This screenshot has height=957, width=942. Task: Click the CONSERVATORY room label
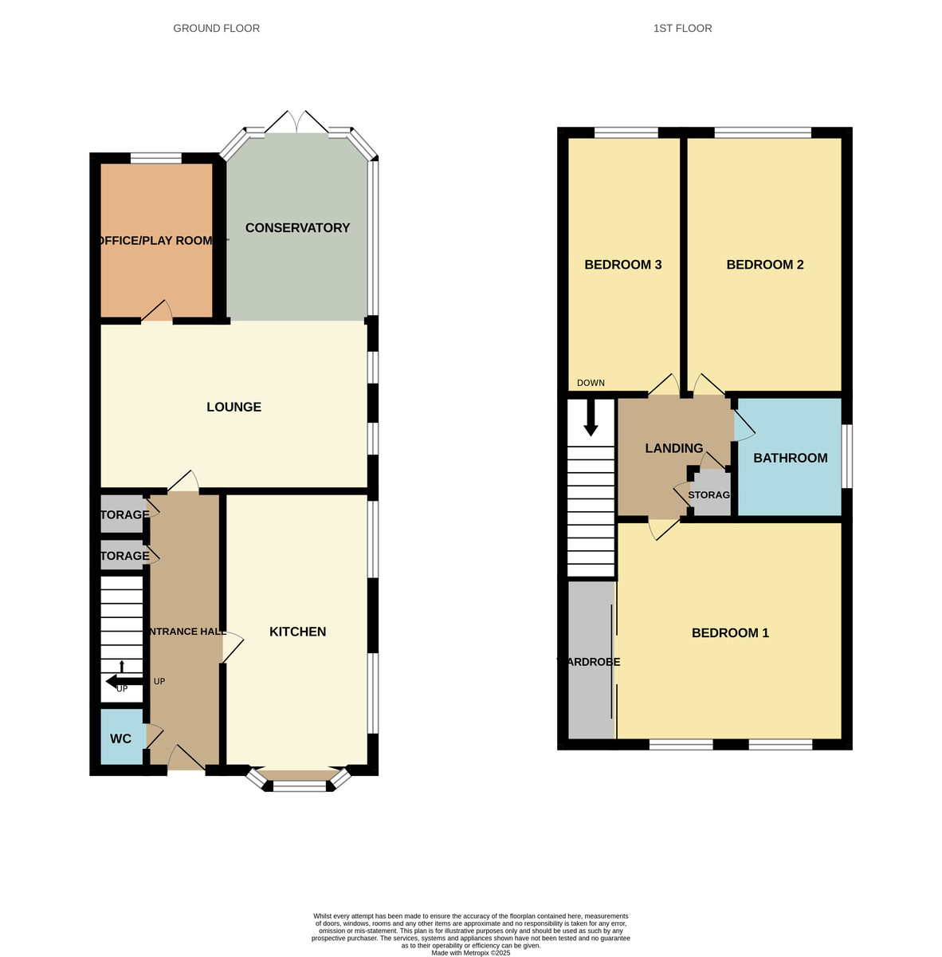click(297, 228)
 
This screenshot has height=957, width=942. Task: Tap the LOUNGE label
click(234, 407)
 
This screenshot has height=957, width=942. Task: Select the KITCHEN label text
click(297, 632)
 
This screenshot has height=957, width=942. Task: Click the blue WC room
click(120, 738)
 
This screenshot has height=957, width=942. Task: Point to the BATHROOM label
click(790, 458)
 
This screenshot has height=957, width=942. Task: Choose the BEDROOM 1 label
click(730, 633)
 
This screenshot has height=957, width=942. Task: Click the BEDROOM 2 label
click(764, 265)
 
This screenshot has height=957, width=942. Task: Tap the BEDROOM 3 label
click(623, 265)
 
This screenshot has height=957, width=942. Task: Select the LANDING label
click(673, 448)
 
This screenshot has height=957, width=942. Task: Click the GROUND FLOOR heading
click(216, 29)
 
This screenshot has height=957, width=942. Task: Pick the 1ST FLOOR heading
click(682, 29)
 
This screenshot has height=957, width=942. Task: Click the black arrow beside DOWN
click(591, 418)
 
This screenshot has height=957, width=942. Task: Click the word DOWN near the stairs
click(591, 383)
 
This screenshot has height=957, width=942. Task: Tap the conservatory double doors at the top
click(296, 123)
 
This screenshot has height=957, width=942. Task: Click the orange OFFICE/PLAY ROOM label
click(155, 241)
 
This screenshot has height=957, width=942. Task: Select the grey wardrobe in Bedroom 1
click(591, 660)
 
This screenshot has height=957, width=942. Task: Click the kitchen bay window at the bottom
click(299, 785)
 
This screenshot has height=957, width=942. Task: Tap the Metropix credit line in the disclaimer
click(470, 953)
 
